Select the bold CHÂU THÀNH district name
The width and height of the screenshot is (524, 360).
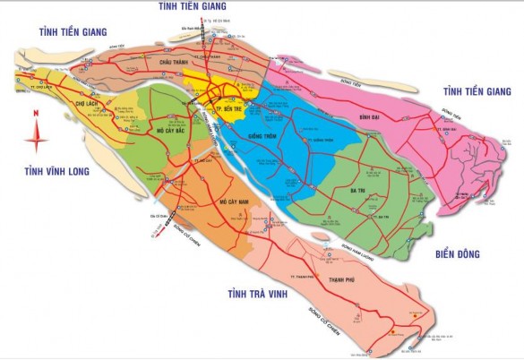click(177, 63)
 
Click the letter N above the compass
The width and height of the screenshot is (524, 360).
click(35, 113)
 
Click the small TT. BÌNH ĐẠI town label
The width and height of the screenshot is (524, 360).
click(447, 130)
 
